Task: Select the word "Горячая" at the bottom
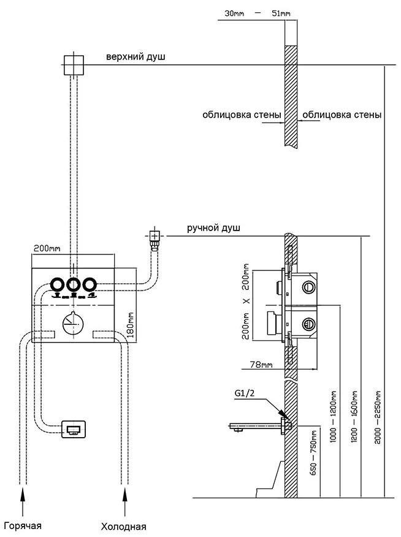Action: click(23, 525)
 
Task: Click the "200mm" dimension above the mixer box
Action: click(47, 248)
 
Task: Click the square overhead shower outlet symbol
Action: click(73, 64)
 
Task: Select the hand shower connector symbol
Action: click(155, 235)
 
